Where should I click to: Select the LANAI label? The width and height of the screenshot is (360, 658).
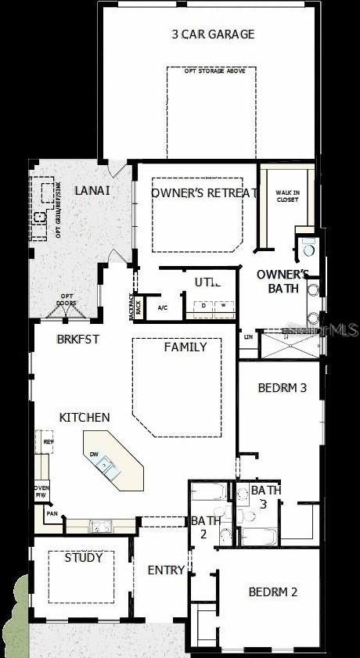pos(92,190)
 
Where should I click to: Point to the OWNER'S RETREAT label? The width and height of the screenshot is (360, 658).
pos(204,193)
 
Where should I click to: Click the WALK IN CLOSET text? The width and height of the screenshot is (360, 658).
pos(287,196)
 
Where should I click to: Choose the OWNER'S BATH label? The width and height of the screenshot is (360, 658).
pos(283,281)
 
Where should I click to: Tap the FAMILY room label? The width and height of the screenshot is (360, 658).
pos(185,347)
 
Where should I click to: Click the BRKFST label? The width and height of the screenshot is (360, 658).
pos(76,340)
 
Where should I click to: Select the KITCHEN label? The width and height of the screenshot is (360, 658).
pos(85,418)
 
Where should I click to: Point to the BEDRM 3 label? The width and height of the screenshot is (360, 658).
pos(281,387)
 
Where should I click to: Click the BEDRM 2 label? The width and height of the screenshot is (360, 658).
pos(273,592)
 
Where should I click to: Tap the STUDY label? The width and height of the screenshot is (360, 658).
pos(84,558)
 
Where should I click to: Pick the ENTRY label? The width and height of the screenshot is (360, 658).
pos(166,570)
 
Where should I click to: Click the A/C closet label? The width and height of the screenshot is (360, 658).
pos(163,307)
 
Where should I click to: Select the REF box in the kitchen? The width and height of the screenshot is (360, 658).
pos(49,442)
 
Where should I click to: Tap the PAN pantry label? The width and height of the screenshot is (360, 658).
pos(52,514)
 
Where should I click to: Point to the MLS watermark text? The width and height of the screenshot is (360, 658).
pos(339,331)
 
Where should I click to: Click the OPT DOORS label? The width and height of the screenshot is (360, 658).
pos(68,300)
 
